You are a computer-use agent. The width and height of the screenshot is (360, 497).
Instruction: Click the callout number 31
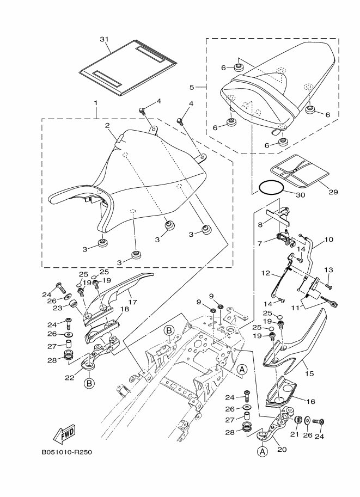tap(105, 39)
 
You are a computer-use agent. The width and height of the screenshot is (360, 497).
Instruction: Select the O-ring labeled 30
tap(271, 188)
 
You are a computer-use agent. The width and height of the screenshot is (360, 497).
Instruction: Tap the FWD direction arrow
tap(64, 434)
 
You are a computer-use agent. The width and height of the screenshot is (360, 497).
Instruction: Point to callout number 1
tap(95, 103)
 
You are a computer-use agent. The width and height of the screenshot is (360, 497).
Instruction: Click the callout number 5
tap(192, 87)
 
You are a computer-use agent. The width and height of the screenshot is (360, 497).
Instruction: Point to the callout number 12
tap(266, 273)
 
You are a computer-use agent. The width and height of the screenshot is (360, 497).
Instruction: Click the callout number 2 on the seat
tap(108, 125)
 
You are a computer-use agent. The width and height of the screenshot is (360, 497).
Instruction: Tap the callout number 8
tap(260, 223)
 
